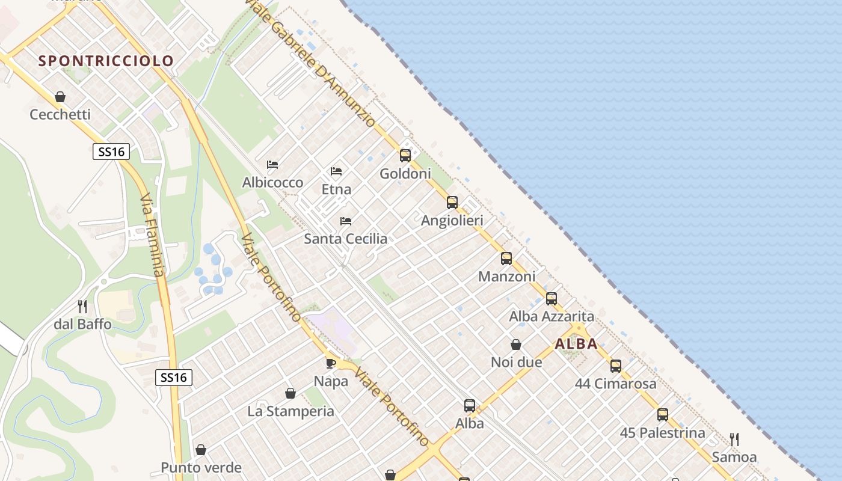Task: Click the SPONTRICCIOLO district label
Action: (x=106, y=61)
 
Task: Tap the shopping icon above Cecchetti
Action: (x=60, y=97)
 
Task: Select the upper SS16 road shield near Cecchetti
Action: (x=111, y=152)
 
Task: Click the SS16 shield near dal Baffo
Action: (x=174, y=378)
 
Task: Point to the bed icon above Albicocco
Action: (x=272, y=165)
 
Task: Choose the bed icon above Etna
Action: (x=336, y=171)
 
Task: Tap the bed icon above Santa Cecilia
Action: (x=346, y=221)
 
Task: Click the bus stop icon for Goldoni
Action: (x=405, y=156)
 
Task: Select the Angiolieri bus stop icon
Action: (x=452, y=203)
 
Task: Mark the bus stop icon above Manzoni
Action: (x=506, y=259)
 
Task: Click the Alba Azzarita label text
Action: (x=552, y=316)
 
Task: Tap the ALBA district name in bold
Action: (x=576, y=345)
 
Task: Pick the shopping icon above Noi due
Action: (x=516, y=345)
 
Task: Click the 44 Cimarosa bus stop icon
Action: (x=616, y=366)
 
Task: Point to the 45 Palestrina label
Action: (x=662, y=433)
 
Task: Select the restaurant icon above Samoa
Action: (x=734, y=439)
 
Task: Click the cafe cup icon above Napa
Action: (x=331, y=363)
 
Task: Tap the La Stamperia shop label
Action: (x=290, y=411)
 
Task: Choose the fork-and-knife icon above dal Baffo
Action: (x=82, y=307)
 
